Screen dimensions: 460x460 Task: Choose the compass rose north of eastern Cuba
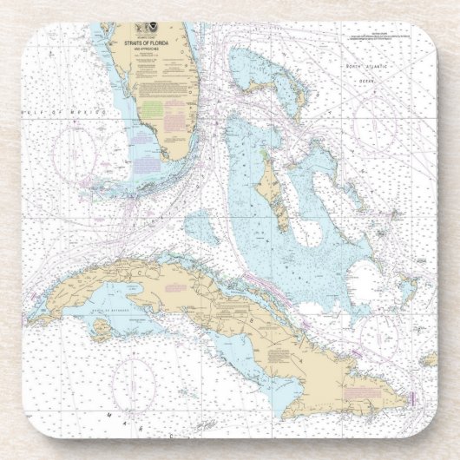(x=379, y=330)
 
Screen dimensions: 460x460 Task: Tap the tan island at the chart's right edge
(x=429, y=358)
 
